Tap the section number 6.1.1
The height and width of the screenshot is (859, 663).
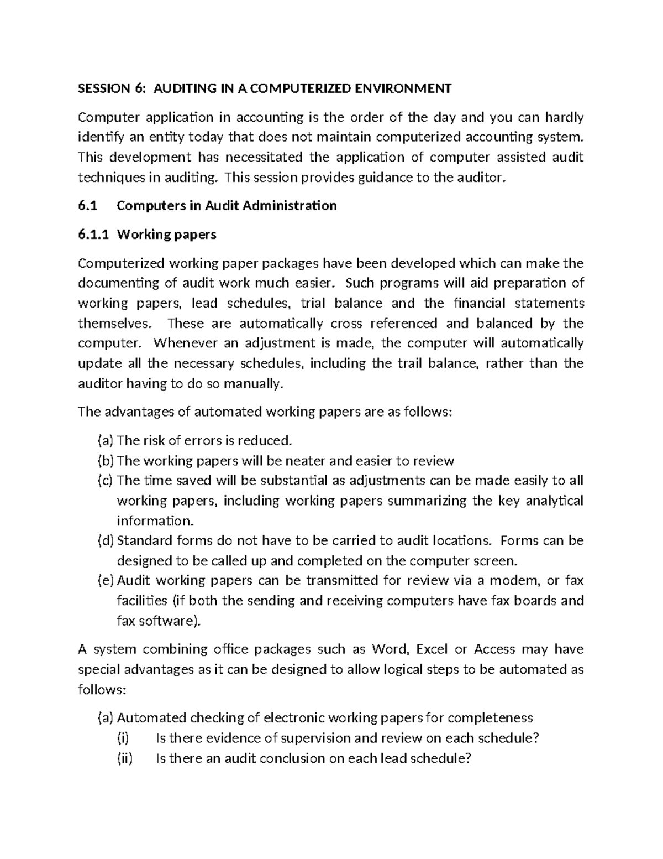point(93,235)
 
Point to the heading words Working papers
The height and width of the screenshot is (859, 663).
point(167,235)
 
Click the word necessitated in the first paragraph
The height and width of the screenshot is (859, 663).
point(263,158)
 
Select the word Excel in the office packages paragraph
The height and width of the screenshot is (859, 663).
point(432,649)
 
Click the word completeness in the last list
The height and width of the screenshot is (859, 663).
point(490,718)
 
